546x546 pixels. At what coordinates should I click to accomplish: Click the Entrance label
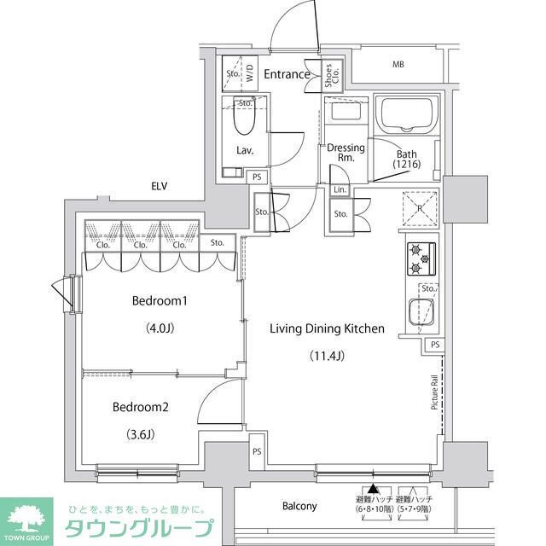(x=286, y=74)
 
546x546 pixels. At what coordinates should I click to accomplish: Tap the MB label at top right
(x=398, y=65)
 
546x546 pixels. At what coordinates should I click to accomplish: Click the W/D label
(x=251, y=73)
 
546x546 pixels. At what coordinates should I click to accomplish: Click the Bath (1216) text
(x=406, y=159)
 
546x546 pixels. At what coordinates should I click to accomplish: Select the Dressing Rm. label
(x=346, y=153)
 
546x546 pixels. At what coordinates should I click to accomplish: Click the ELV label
(x=159, y=186)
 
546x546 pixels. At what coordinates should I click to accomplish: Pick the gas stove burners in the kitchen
(x=421, y=258)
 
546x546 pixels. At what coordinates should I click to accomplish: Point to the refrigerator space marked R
(x=420, y=207)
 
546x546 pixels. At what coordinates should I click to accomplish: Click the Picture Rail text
(x=434, y=392)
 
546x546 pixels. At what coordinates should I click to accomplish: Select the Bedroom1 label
(x=159, y=301)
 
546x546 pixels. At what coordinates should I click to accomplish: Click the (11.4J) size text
(x=327, y=355)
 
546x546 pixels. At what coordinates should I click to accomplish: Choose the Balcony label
(x=299, y=506)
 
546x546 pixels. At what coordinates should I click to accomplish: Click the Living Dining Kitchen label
(x=327, y=328)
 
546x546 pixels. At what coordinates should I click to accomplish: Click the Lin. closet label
(x=340, y=189)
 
